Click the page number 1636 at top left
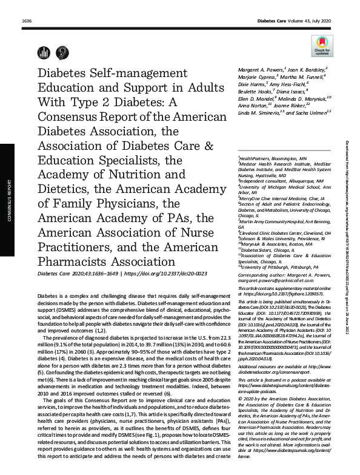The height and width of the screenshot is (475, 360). pyautogui.click(x=26, y=21)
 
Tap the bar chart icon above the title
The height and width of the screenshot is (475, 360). pyautogui.click(x=45, y=53)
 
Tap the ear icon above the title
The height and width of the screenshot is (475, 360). pyautogui.click(x=61, y=53)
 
